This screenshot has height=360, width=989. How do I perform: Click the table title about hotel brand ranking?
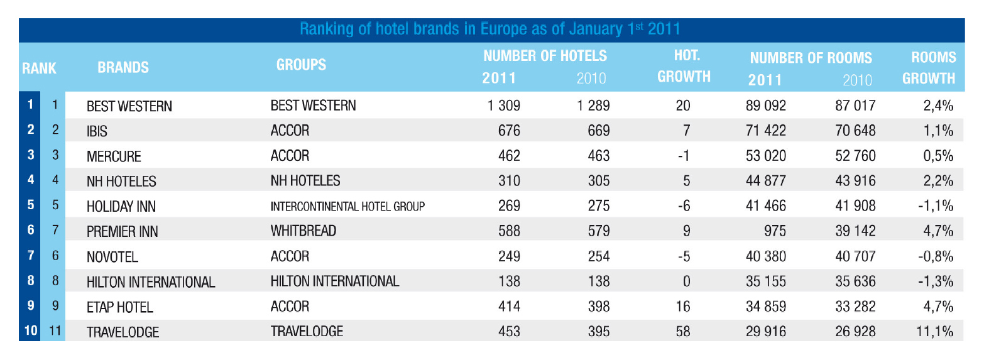(489, 29)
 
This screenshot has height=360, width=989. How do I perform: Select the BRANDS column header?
(123, 67)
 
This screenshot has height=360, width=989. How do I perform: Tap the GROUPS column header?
(301, 65)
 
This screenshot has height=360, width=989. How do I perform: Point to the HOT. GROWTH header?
(684, 66)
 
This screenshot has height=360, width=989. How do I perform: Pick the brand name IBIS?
(97, 131)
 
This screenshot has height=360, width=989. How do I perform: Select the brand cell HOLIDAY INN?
(121, 207)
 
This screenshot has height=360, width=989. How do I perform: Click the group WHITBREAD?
(303, 231)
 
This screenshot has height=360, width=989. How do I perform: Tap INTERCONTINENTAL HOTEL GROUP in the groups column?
(347, 207)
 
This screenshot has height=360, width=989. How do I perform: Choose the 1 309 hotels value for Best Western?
(503, 106)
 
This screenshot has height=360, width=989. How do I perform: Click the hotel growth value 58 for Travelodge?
(683, 331)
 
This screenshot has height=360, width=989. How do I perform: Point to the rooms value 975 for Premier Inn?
(774, 231)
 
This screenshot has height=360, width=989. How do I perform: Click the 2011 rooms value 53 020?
(765, 156)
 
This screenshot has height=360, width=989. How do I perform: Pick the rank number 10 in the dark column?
(31, 330)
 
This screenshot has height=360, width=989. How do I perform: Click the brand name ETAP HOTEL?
(119, 307)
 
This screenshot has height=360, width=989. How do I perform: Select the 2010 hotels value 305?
(598, 181)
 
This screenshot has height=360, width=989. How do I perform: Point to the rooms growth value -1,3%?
(936, 281)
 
